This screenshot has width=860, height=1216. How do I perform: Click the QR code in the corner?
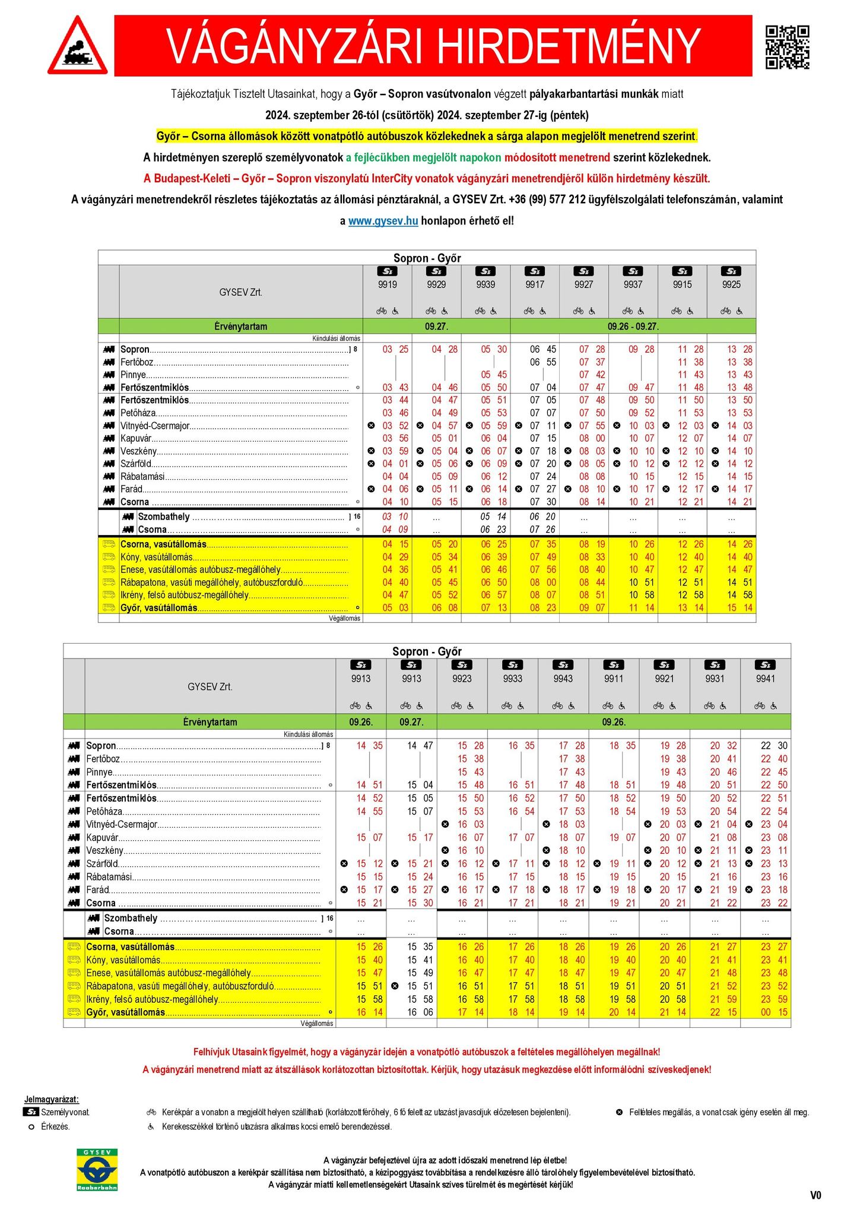(x=788, y=47)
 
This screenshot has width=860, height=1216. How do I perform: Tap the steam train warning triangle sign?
(x=78, y=46)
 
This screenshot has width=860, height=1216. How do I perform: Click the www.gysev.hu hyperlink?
(x=383, y=221)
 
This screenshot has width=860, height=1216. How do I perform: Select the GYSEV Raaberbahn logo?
(x=97, y=1169)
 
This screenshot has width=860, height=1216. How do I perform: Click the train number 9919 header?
(x=388, y=284)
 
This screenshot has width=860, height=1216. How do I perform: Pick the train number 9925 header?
(x=731, y=284)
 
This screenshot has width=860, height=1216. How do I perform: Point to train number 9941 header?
(x=766, y=678)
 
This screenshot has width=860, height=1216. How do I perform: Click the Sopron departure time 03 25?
(x=395, y=349)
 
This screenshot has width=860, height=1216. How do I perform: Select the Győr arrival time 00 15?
(x=774, y=1012)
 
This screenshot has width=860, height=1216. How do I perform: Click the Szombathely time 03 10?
(x=395, y=517)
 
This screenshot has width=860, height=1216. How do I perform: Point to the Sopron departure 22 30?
(x=774, y=745)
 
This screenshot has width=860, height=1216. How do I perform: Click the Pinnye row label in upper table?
(x=133, y=375)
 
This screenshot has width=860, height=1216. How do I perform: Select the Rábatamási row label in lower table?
(x=109, y=876)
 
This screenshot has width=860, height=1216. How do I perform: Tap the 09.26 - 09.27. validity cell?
(x=633, y=327)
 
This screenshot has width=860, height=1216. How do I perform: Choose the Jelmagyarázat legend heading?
(x=52, y=1100)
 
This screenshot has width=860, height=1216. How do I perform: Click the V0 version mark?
(x=815, y=1195)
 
